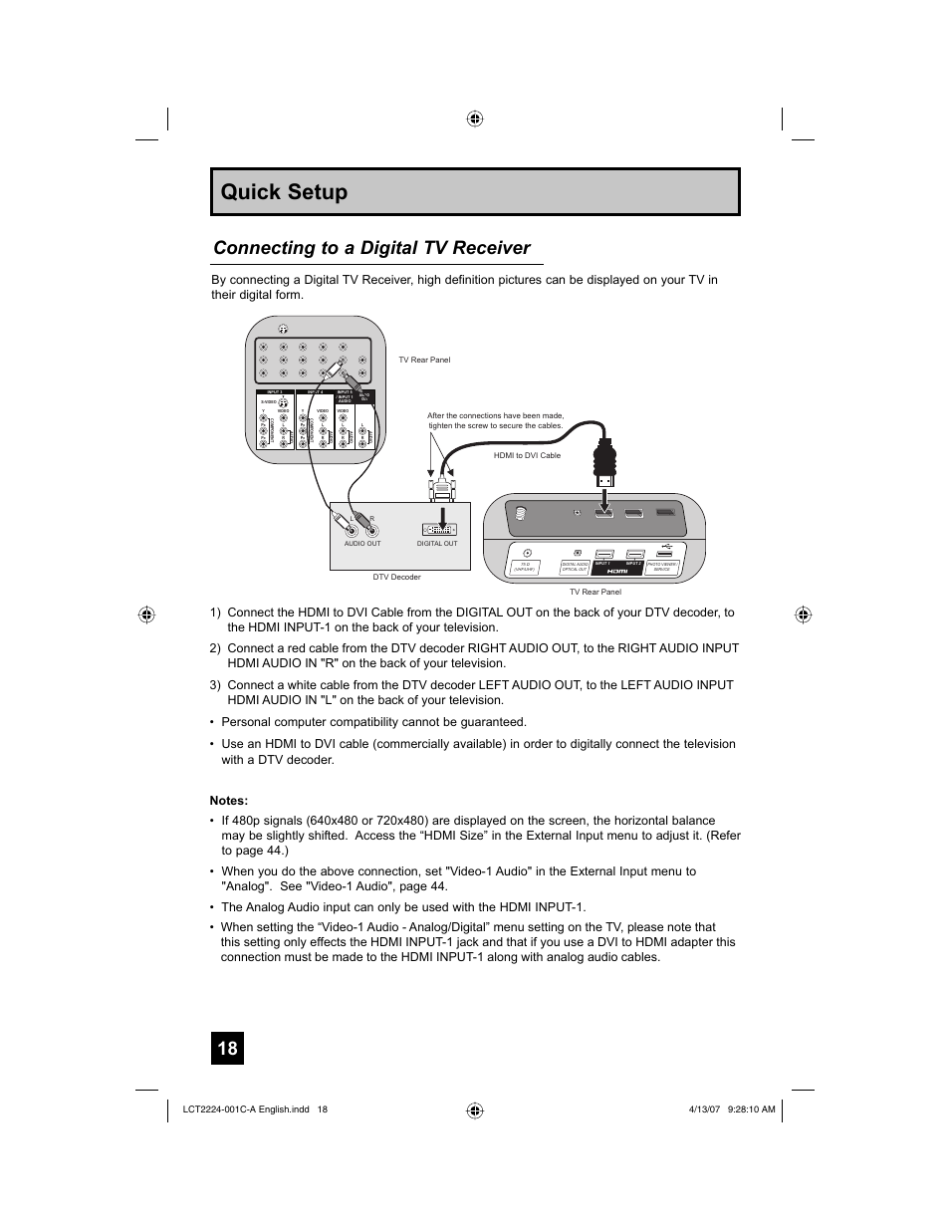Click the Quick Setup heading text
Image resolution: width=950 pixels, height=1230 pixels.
285,192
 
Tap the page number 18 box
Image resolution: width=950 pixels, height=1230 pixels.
227,1048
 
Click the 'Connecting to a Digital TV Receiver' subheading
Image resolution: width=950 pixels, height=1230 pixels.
371,248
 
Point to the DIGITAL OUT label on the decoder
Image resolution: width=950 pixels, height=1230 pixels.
437,544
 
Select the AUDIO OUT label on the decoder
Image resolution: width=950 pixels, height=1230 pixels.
362,544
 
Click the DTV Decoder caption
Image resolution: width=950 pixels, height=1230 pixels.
396,578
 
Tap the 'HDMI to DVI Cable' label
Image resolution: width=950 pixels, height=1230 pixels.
527,455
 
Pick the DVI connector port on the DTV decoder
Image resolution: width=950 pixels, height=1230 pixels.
438,529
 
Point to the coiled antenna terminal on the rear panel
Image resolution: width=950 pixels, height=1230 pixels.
519,515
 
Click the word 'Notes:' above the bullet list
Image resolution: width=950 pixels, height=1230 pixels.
228,801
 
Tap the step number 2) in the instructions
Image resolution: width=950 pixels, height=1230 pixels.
215,648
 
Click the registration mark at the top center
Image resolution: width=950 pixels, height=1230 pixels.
475,119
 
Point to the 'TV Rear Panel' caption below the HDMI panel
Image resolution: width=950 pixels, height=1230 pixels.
595,592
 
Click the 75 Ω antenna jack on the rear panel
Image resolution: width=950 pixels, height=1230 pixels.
527,554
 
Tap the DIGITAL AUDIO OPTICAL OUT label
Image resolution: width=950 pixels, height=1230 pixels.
576,567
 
